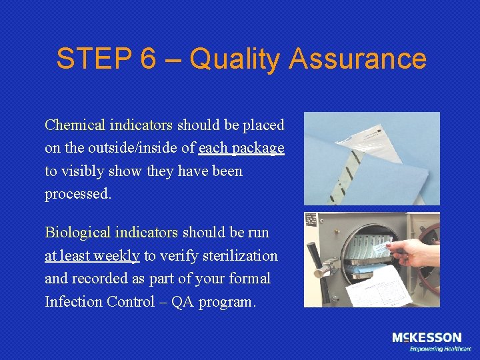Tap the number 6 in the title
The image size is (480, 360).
[147, 59]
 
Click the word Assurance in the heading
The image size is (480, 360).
[357, 59]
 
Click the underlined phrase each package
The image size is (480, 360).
[241, 148]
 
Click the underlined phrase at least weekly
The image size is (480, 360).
[92, 255]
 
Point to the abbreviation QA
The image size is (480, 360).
[183, 301]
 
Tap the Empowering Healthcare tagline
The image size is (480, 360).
[440, 349]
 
